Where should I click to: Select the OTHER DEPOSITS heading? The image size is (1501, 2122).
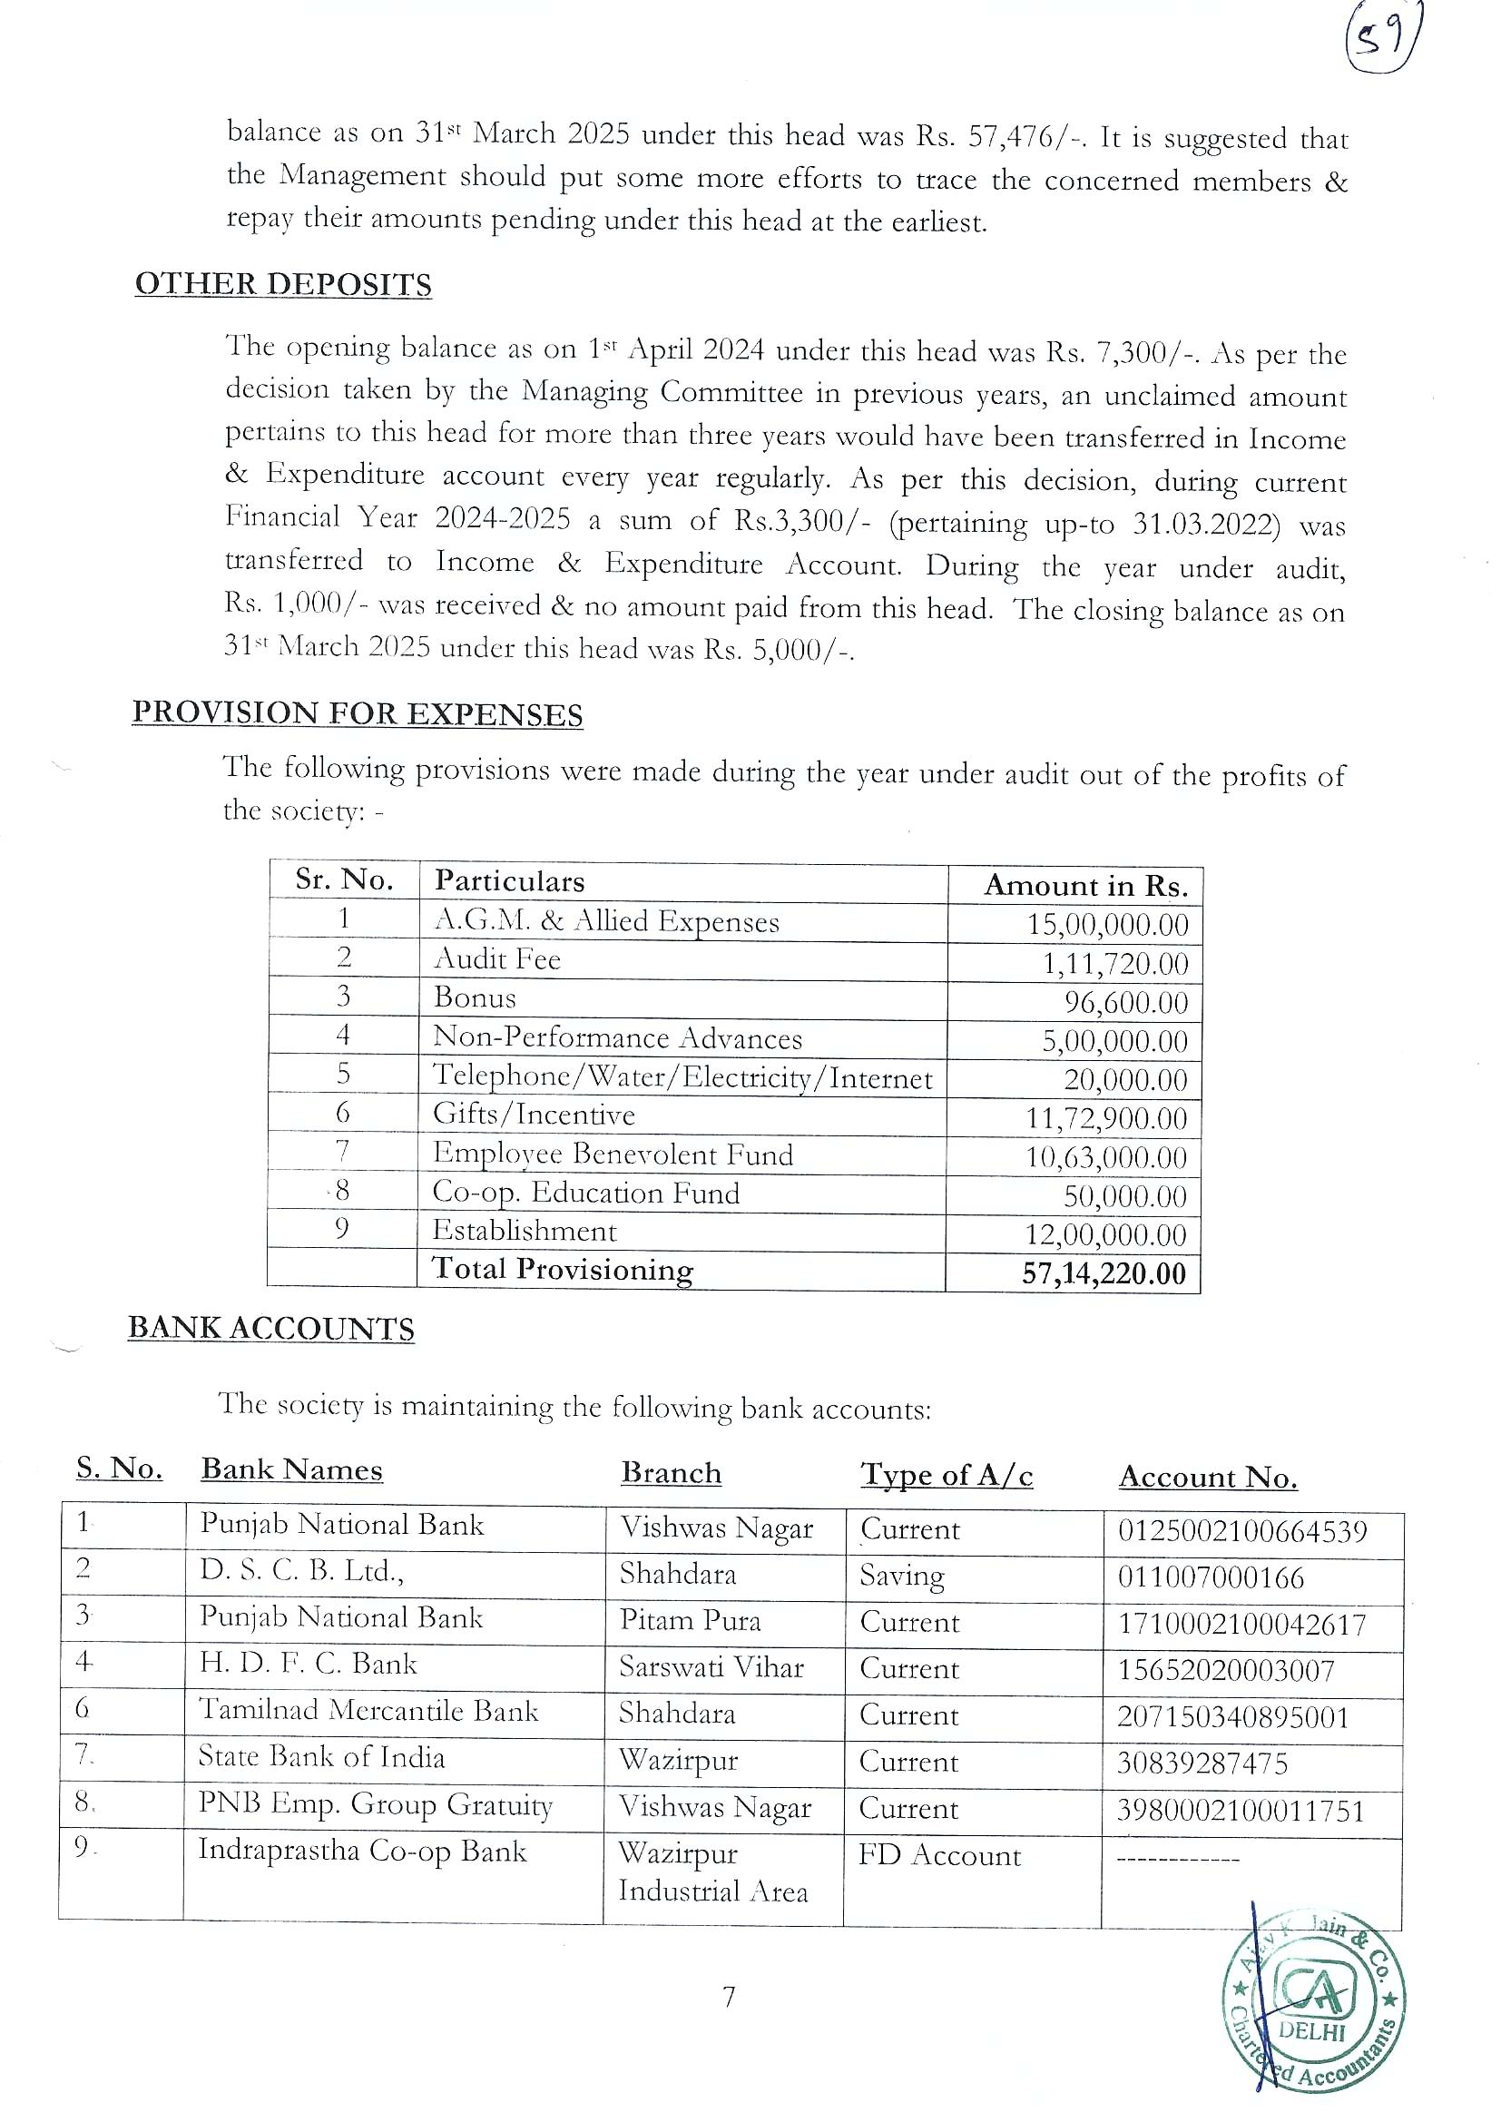coord(283,284)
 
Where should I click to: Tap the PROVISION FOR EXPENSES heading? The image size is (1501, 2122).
coord(357,712)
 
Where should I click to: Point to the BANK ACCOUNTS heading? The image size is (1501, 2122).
coord(270,1328)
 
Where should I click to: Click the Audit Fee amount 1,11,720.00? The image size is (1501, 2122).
coord(1114,964)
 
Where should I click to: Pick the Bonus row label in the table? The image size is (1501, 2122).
coord(475,998)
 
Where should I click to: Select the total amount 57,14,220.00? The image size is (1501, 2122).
coord(1103,1273)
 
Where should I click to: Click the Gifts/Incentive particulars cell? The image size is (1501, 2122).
coord(535,1115)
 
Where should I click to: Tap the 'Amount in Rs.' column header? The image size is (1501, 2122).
coord(1085,886)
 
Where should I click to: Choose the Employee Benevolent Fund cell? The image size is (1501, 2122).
coord(613,1154)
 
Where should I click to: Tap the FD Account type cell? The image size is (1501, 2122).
coord(939,1855)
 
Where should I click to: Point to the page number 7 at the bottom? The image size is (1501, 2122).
coord(729,1999)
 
